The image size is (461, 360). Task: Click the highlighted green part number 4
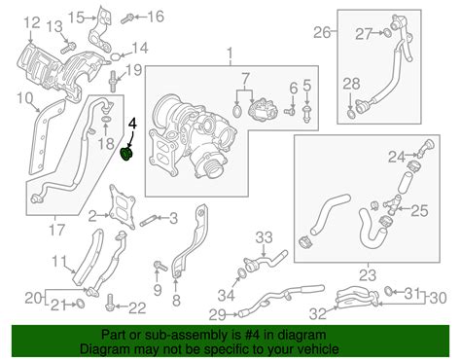(x=127, y=154)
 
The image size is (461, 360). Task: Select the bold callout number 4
(x=133, y=125)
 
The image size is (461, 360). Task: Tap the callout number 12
(x=32, y=22)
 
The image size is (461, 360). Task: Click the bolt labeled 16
(x=127, y=18)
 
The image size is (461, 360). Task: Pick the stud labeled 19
(x=114, y=81)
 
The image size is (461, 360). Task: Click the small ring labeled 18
(x=106, y=120)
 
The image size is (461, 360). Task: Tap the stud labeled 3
(x=150, y=221)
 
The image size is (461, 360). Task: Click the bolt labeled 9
(x=160, y=266)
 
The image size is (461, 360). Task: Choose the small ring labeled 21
(x=81, y=304)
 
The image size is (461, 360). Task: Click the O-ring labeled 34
(x=241, y=273)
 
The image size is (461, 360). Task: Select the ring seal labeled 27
(x=387, y=33)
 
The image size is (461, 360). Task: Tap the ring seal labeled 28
(x=350, y=114)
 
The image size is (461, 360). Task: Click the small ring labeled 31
(x=388, y=291)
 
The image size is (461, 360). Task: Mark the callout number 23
(x=368, y=275)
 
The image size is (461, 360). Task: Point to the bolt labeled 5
(x=306, y=114)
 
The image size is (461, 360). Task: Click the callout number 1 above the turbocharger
(x=230, y=54)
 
